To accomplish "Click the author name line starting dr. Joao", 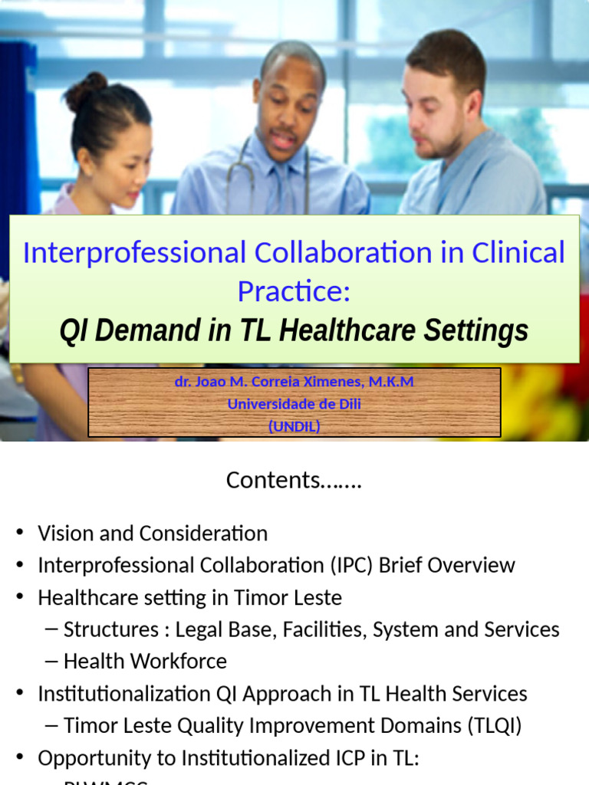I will click(x=294, y=381).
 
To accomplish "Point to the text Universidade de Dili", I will click(x=294, y=404).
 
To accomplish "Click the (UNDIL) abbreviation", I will click(x=294, y=427).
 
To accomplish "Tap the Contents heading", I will click(x=294, y=480).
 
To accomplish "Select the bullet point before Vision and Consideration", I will click(x=20, y=534).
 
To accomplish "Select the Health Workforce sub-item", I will click(x=145, y=661).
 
